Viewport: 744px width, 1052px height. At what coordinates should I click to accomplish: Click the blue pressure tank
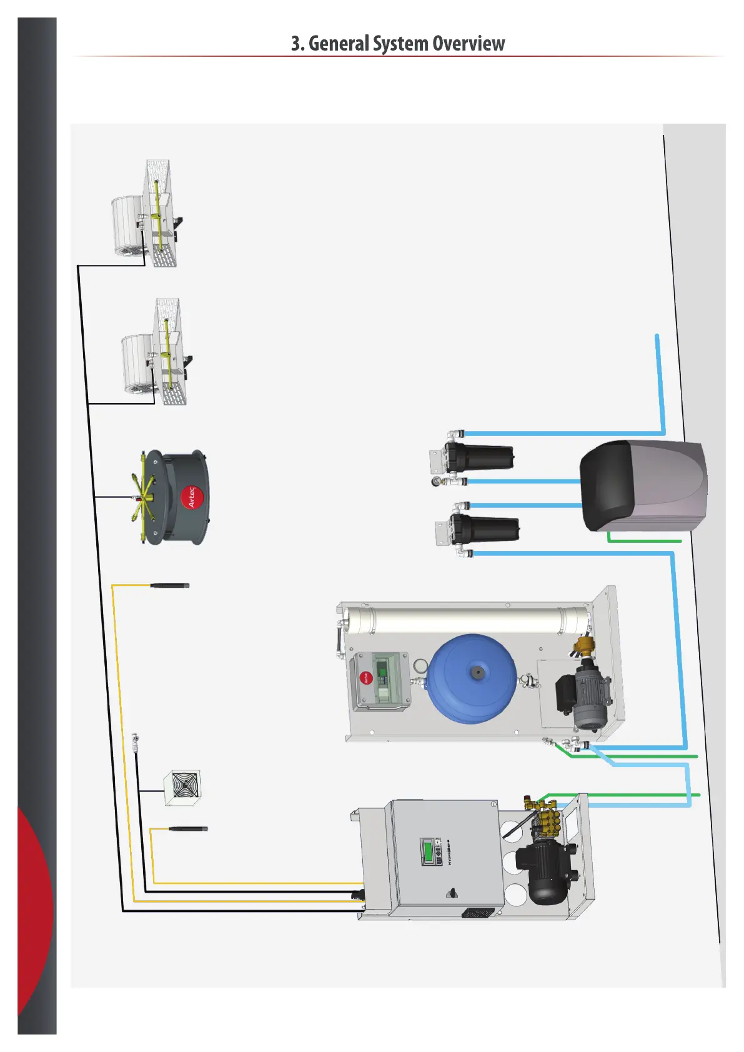(472, 678)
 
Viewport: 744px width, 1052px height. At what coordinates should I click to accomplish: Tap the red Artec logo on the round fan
(191, 497)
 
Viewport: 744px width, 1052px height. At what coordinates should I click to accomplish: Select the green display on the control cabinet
(428, 851)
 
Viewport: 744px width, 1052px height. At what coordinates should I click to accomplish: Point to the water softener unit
(643, 486)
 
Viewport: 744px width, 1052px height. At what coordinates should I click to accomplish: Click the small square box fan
(182, 788)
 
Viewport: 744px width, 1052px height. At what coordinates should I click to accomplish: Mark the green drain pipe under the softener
(643, 540)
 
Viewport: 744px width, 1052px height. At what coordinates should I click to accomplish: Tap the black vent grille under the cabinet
(478, 913)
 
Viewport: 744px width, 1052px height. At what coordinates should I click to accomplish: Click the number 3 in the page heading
(295, 44)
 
